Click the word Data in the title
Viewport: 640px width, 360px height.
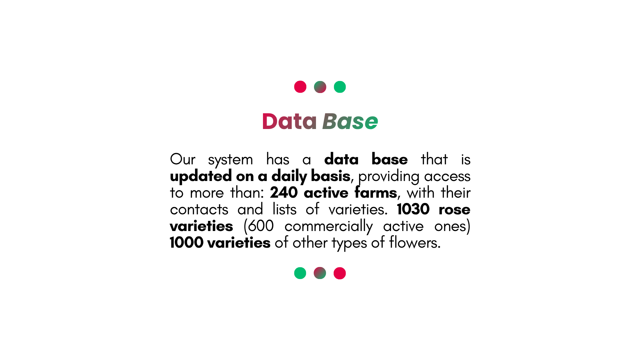pyautogui.click(x=289, y=121)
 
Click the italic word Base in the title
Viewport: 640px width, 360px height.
pyautogui.click(x=350, y=121)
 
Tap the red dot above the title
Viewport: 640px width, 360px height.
pyautogui.click(x=300, y=87)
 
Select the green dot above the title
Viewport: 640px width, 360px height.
pyautogui.click(x=340, y=87)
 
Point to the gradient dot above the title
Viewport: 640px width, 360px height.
pyautogui.click(x=320, y=87)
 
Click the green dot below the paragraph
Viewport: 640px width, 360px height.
pyautogui.click(x=300, y=273)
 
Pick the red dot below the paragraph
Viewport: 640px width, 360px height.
pyautogui.click(x=340, y=273)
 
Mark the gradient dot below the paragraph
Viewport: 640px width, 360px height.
pyautogui.click(x=320, y=273)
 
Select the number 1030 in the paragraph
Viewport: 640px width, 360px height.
pyautogui.click(x=413, y=209)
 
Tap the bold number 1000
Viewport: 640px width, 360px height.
pyautogui.click(x=187, y=243)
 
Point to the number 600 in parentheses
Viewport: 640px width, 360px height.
pyautogui.click(x=261, y=226)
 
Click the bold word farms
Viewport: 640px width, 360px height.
pyautogui.click(x=376, y=192)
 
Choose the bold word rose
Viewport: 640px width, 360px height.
pyautogui.click(x=455, y=210)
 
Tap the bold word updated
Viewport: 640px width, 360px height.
pyautogui.click(x=201, y=176)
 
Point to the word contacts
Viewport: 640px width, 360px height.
pyautogui.click(x=199, y=210)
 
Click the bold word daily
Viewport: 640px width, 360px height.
pyautogui.click(x=289, y=176)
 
